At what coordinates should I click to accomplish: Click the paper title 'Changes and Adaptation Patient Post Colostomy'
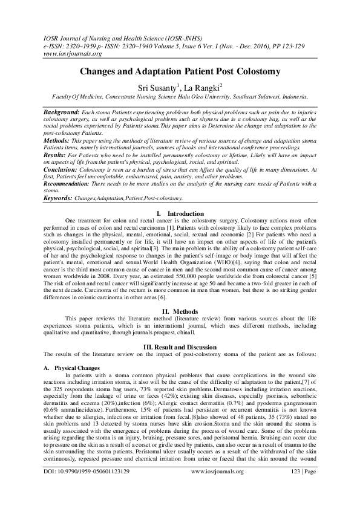pyautogui.click(x=180, y=72)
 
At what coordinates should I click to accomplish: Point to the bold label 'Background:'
pyautogui.click(x=62, y=113)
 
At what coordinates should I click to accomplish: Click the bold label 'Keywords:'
pyautogui.click(x=58, y=215)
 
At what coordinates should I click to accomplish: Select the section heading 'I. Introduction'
pyautogui.click(x=180, y=230)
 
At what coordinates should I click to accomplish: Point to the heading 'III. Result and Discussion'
pyautogui.click(x=180, y=347)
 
